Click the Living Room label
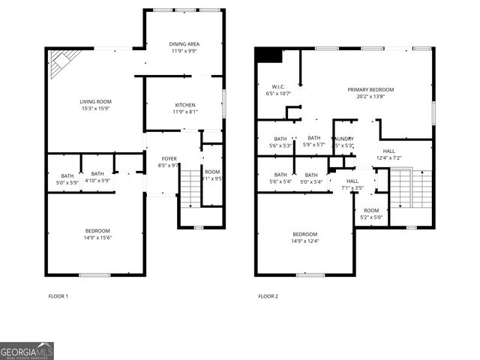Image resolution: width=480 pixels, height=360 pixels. (x=95, y=101)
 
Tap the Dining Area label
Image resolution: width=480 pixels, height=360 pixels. (x=183, y=44)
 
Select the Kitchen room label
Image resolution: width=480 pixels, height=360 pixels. (x=185, y=104)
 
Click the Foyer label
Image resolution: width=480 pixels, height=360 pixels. (x=169, y=158)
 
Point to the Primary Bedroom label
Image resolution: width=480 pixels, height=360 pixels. (x=370, y=90)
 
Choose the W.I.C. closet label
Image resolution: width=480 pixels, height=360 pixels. (x=277, y=86)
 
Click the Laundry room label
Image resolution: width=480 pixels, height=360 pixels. (x=344, y=139)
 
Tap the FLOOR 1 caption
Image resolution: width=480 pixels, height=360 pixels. (x=58, y=296)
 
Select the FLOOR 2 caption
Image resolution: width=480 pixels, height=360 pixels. (x=268, y=296)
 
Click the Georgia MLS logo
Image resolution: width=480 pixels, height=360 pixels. (x=27, y=351)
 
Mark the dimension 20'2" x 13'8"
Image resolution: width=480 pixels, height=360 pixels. (x=370, y=96)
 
